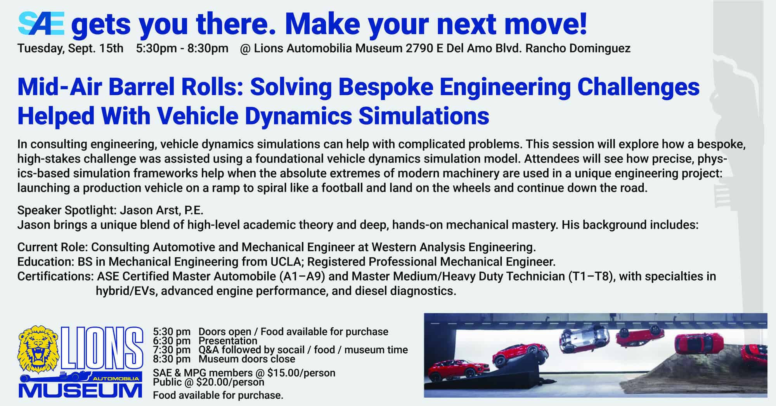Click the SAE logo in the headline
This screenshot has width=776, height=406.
pos(41,24)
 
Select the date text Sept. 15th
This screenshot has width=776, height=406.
pos(96,48)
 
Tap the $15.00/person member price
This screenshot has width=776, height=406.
pos(301,373)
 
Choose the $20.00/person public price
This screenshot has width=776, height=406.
pos(230,382)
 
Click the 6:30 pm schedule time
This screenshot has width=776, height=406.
pos(171,341)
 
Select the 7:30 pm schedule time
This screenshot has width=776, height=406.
pos(171,350)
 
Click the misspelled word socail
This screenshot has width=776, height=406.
pos(294,350)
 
